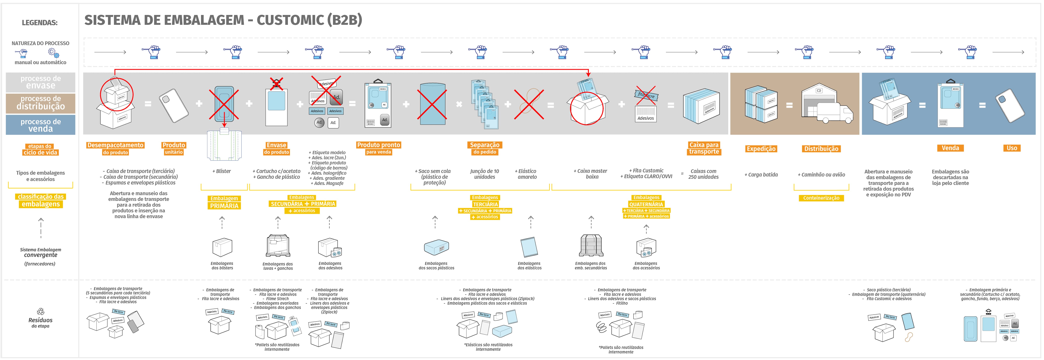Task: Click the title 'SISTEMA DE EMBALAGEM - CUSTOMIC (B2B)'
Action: pos(223,20)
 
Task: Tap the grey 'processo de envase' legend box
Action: pos(40,82)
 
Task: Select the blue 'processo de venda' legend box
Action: pos(40,125)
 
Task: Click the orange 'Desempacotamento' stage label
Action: pos(115,145)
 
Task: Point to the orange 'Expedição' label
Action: pos(761,149)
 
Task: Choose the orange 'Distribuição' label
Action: pos(821,149)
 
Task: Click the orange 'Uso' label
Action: pos(1012,148)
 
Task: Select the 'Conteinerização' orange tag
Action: pos(821,198)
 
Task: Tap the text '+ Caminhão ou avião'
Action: pos(821,175)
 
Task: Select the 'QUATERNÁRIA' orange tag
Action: pos(646,204)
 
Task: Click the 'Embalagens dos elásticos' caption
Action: pos(529,265)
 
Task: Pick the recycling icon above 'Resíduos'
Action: pos(40,311)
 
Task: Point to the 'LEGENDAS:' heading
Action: pos(40,23)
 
